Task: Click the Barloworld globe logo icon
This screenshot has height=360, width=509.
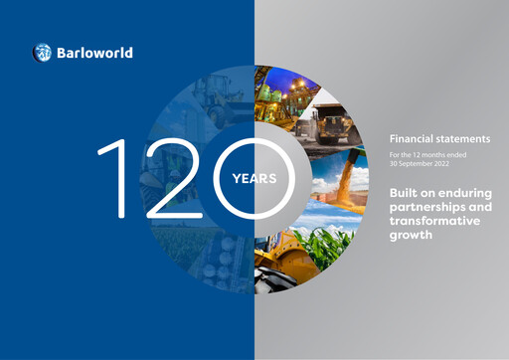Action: coord(42,53)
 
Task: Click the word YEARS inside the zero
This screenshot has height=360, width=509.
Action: coord(254,180)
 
